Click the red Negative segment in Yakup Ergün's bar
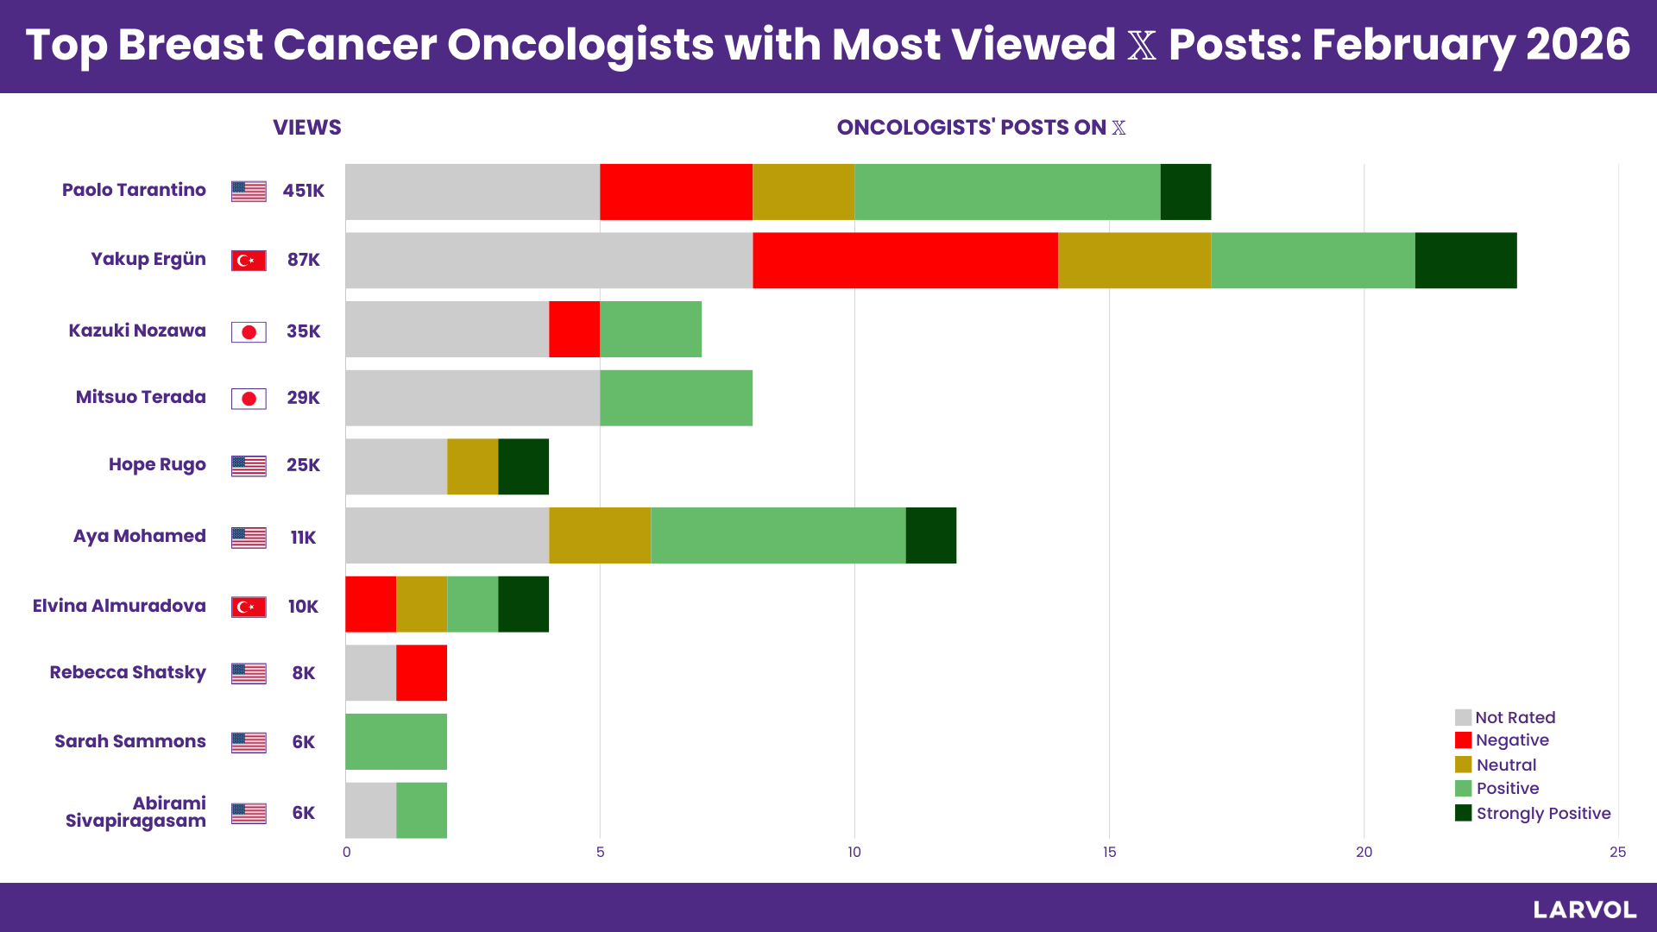click(904, 260)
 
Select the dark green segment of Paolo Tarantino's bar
click(1185, 192)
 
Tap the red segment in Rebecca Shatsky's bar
click(421, 672)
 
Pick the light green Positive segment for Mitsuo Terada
click(676, 398)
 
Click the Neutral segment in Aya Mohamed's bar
click(599, 535)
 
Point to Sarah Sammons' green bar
click(395, 741)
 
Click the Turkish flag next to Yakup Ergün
click(249, 260)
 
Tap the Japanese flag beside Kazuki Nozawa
click(249, 331)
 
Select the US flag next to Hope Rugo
click(249, 465)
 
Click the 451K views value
click(303, 191)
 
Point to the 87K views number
click(303, 260)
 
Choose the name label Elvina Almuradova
click(119, 606)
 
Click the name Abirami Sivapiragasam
click(135, 812)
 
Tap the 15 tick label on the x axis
click(1109, 853)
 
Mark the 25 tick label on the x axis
click(1617, 853)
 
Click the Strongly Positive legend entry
click(1533, 813)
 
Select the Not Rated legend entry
click(1505, 717)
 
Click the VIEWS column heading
click(306, 128)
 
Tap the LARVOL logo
click(1585, 910)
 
